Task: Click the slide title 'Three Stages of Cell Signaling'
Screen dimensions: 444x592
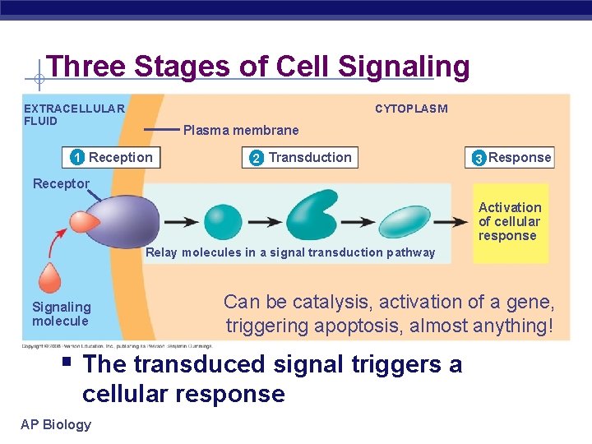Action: coord(257,66)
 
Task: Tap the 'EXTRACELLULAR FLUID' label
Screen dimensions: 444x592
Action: coord(74,114)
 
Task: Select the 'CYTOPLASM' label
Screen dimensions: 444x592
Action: coord(411,109)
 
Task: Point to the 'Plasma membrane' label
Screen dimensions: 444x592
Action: coord(241,130)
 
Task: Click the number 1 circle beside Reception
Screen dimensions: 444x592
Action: coord(76,158)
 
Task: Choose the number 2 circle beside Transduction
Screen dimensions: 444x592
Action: coord(256,158)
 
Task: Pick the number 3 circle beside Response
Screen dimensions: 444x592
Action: coord(479,159)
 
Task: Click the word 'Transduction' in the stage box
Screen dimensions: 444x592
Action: coord(310,157)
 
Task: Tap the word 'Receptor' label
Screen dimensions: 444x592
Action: coord(61,183)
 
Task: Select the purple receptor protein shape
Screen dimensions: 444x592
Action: coord(119,221)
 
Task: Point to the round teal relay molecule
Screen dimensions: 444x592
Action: coord(223,221)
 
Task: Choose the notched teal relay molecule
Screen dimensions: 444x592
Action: coord(312,215)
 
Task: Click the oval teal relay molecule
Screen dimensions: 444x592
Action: coord(405,221)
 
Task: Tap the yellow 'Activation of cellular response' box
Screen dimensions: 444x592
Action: coord(510,222)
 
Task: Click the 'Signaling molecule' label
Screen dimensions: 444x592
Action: coord(61,314)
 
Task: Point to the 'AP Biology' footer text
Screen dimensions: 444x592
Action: coord(57,424)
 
